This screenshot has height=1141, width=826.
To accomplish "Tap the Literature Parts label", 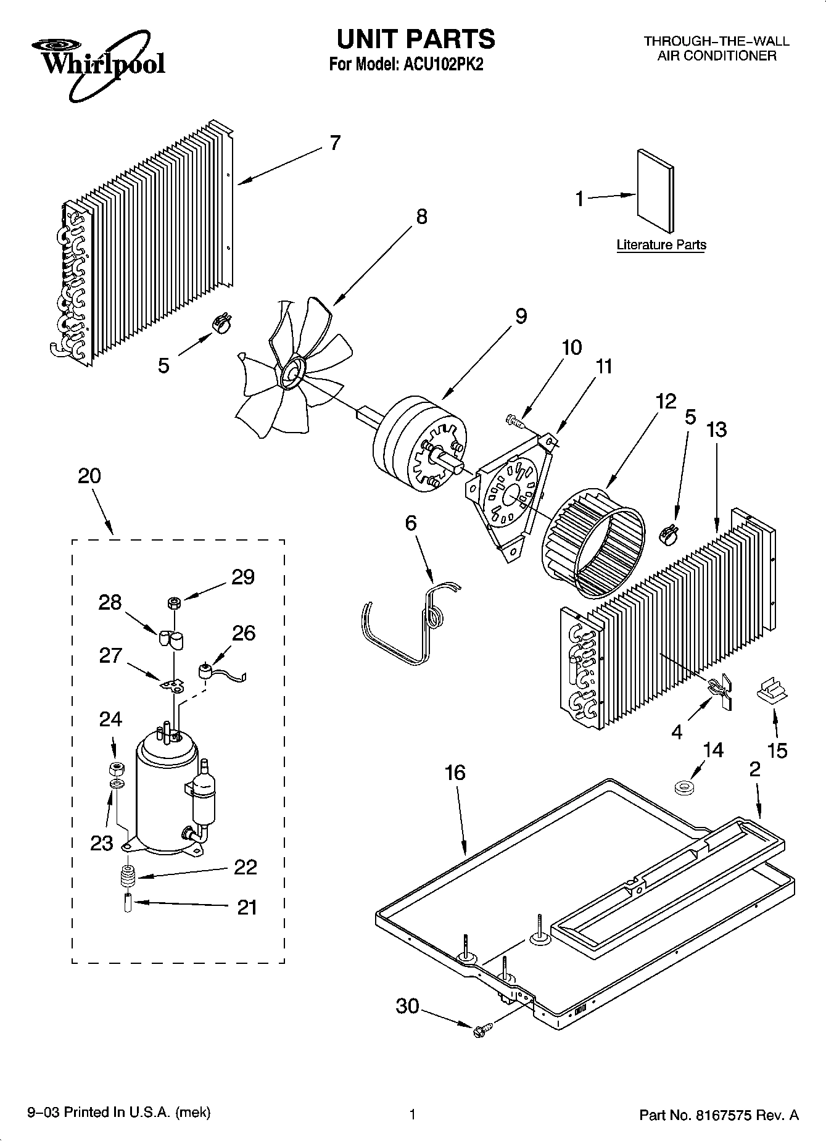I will (661, 245).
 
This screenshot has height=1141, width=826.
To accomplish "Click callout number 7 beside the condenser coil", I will (334, 143).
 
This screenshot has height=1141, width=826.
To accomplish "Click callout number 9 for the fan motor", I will (521, 316).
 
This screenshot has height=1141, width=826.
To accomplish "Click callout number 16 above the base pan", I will (455, 773).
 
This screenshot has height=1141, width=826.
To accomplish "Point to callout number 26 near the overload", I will (244, 633).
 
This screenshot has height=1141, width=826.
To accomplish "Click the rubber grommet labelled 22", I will (128, 874).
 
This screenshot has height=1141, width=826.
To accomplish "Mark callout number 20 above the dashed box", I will (89, 476).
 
